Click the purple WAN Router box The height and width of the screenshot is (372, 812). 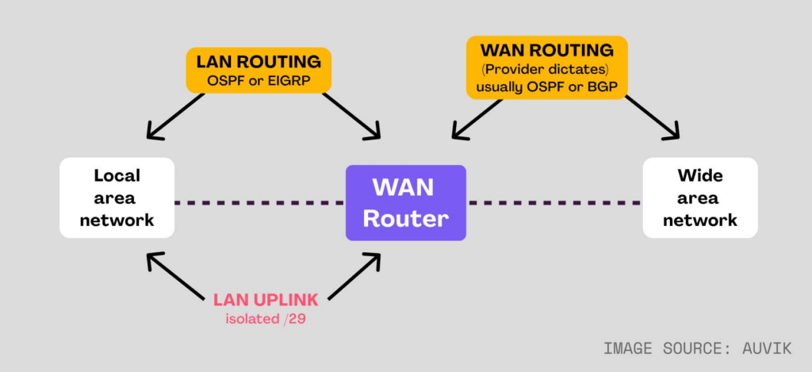pos(405,202)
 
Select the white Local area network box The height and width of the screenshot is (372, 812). pos(117,198)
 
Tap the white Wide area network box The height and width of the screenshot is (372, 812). pos(699,198)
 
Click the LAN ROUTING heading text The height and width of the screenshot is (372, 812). pos(258,60)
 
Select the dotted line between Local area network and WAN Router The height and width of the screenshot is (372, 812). pos(259,203)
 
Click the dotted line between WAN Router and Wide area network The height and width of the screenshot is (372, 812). pos(553,203)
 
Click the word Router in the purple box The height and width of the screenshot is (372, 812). pos(405,218)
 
